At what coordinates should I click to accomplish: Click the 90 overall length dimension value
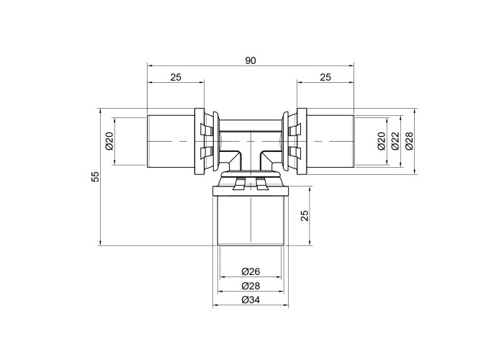click(251, 60)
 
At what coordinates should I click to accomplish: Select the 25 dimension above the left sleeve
click(176, 77)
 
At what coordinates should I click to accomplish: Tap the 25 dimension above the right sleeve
click(325, 77)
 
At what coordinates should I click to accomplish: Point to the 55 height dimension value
click(96, 177)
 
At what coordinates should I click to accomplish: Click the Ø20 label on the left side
click(109, 141)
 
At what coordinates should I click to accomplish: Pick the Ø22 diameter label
click(395, 141)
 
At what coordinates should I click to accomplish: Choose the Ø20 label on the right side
click(381, 141)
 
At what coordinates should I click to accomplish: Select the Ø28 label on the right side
click(409, 141)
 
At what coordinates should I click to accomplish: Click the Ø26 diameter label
click(251, 271)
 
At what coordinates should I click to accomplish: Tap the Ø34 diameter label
click(251, 300)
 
